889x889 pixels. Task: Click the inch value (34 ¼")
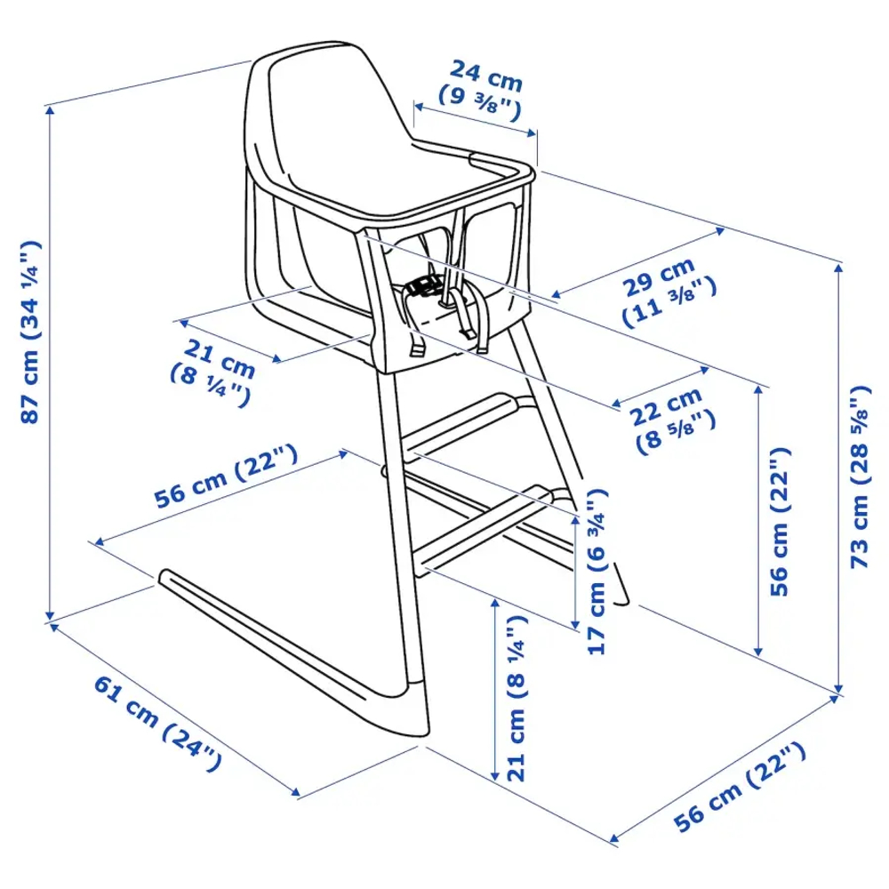(x=29, y=293)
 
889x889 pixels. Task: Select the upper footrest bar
(x=462, y=424)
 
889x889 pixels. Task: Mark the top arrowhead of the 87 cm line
(x=50, y=108)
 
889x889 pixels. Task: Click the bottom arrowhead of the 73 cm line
(x=839, y=689)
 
